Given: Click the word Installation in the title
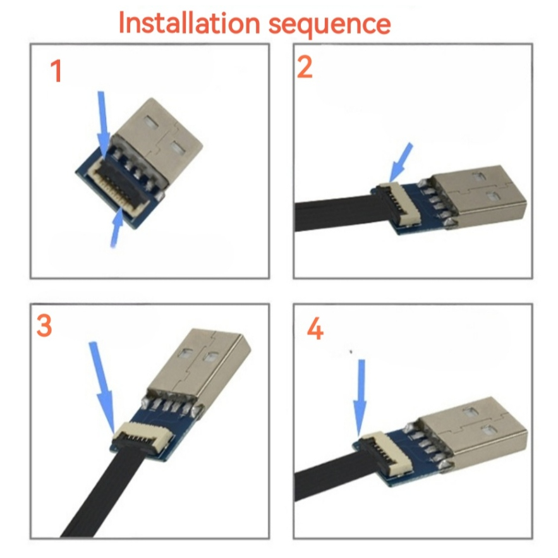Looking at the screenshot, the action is [x=189, y=23].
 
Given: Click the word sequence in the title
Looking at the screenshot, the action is [x=329, y=25].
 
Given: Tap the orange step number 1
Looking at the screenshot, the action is [x=56, y=71].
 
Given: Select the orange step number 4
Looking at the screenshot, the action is [x=315, y=329].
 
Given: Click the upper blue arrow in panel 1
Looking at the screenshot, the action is [x=104, y=124].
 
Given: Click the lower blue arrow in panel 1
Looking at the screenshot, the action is [x=117, y=229].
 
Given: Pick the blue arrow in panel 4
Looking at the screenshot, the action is [x=360, y=397].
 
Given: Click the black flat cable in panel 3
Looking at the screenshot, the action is [x=103, y=493].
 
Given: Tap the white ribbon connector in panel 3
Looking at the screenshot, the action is [x=142, y=435].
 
